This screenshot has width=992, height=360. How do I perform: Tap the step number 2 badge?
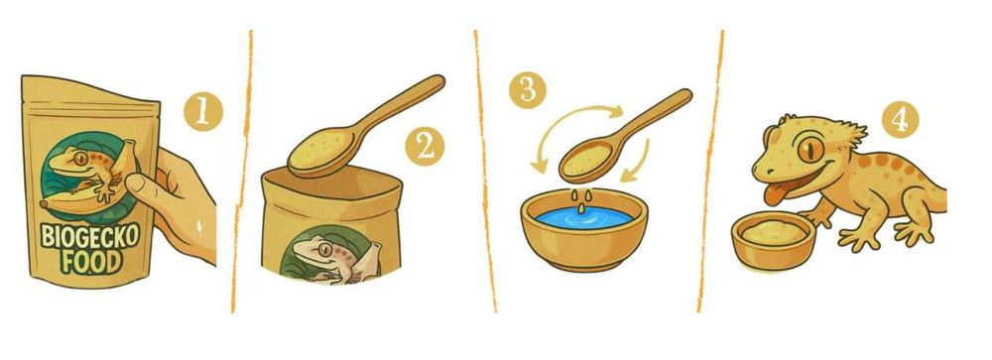pos(425,147)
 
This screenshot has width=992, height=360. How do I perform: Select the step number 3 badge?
pos(529,89)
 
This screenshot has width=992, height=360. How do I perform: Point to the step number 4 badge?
pos(900,119)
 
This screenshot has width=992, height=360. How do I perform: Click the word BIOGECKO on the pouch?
pos(90,236)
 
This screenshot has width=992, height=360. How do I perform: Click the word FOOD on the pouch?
pos(92,261)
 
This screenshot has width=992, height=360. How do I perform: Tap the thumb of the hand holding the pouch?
pos(142,185)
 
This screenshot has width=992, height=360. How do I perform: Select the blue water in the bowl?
pos(584,218)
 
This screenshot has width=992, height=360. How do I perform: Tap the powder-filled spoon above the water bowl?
pos(623,132)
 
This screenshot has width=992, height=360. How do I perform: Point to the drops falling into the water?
pos(582,197)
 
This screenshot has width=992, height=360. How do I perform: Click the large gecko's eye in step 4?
pos(810,150)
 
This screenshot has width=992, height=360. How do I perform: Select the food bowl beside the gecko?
pos(773,241)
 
